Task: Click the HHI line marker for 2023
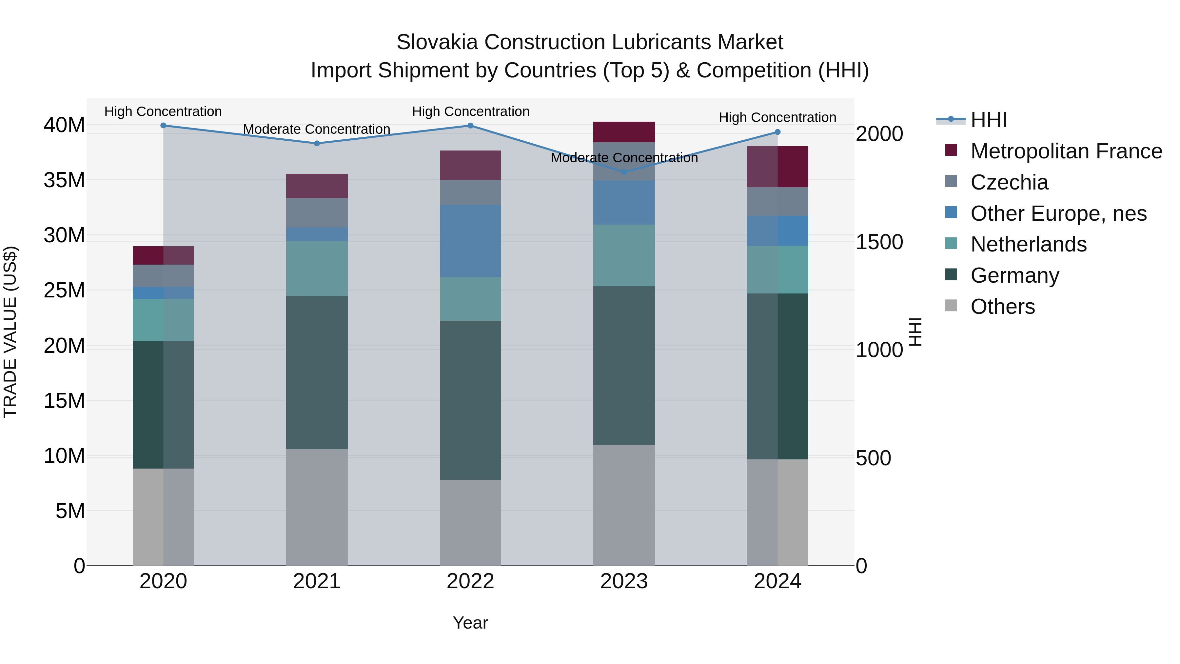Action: (x=624, y=172)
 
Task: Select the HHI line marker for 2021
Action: (x=317, y=143)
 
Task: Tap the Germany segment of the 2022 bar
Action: (x=470, y=400)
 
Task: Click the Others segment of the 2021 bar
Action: (x=317, y=507)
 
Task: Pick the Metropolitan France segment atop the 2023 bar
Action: (x=624, y=132)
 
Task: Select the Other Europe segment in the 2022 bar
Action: (x=470, y=241)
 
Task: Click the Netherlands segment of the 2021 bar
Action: (x=317, y=269)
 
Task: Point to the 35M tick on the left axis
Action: (x=64, y=180)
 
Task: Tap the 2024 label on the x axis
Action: (x=777, y=581)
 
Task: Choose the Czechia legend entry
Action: (x=1009, y=182)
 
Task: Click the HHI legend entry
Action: (x=989, y=120)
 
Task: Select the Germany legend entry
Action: (x=1014, y=275)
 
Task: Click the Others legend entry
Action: (x=1002, y=307)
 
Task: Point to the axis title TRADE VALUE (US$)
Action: (x=10, y=332)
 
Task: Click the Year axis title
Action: (x=470, y=623)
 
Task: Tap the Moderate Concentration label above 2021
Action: (x=317, y=129)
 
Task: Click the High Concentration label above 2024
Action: (x=777, y=117)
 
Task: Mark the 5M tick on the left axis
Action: (x=70, y=511)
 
